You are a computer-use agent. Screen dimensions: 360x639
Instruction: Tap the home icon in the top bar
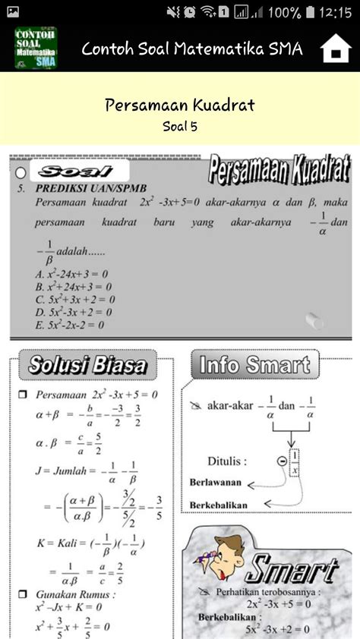(335, 49)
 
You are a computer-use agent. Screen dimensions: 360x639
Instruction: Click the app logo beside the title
(36, 49)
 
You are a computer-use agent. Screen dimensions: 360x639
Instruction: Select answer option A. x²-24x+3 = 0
(72, 274)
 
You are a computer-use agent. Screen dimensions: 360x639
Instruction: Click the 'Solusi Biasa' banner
(87, 365)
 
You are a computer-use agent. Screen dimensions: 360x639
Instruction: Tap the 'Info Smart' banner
(254, 365)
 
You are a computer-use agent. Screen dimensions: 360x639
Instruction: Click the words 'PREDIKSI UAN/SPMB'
(84, 187)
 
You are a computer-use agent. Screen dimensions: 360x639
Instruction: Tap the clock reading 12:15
(335, 12)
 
